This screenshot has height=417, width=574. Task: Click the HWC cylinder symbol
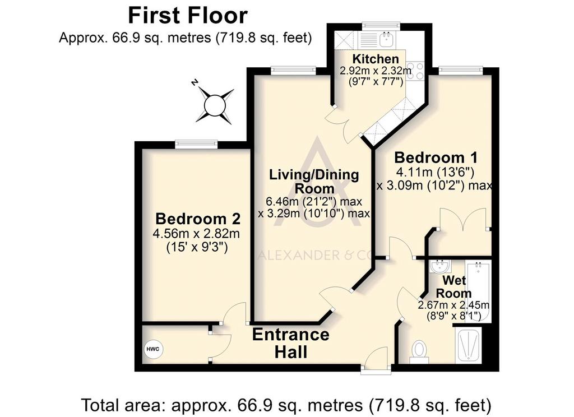[153, 349]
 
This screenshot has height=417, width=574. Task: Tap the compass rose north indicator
[215, 105]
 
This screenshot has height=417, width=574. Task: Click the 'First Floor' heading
[188, 16]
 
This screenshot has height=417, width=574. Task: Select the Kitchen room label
[375, 59]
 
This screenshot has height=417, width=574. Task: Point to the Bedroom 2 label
[198, 219]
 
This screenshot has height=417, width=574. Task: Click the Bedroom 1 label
[436, 157]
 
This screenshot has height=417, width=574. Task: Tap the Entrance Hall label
[291, 343]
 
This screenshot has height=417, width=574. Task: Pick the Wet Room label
[454, 286]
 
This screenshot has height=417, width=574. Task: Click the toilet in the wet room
[419, 352]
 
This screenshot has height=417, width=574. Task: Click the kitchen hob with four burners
[415, 71]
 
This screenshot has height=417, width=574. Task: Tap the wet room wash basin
[441, 267]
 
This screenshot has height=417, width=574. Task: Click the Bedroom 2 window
[197, 145]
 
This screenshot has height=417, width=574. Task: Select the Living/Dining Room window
[294, 71]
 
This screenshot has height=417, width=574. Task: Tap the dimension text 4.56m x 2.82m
[196, 234]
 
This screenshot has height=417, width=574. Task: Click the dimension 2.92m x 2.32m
[376, 70]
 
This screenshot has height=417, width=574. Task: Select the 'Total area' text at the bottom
[286, 405]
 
